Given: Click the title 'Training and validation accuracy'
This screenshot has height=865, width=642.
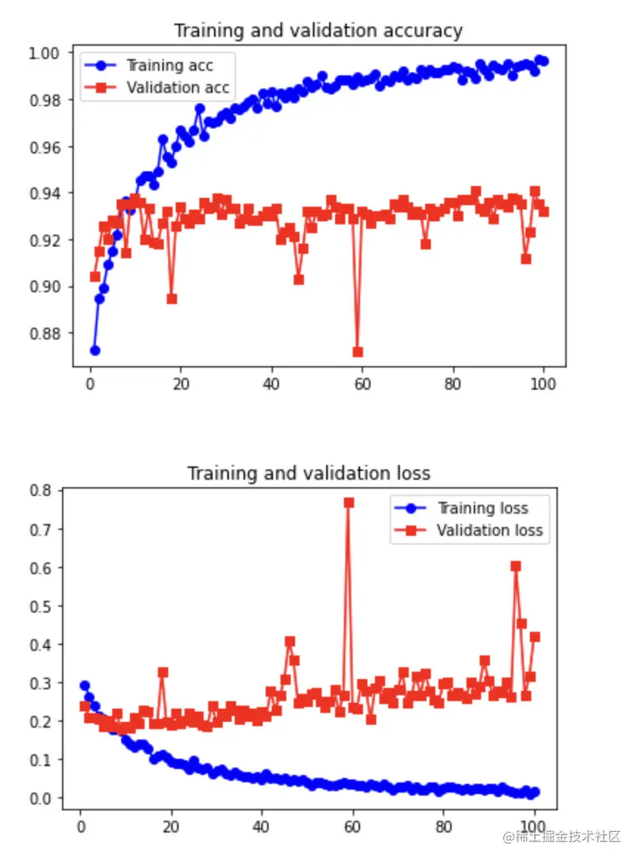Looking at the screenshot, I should pyautogui.click(x=318, y=31).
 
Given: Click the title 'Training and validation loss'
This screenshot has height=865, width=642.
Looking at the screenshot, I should pyautogui.click(x=308, y=472).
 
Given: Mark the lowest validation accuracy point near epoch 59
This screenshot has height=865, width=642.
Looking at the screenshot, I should pyautogui.click(x=358, y=352).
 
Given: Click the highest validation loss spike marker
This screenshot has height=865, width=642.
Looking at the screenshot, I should pyautogui.click(x=349, y=503).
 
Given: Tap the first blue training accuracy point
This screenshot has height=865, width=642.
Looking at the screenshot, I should pyautogui.click(x=94, y=350).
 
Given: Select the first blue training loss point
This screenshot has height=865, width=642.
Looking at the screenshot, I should pyautogui.click(x=85, y=686).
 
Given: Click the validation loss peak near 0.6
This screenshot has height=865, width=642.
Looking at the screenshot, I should pyautogui.click(x=516, y=566).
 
